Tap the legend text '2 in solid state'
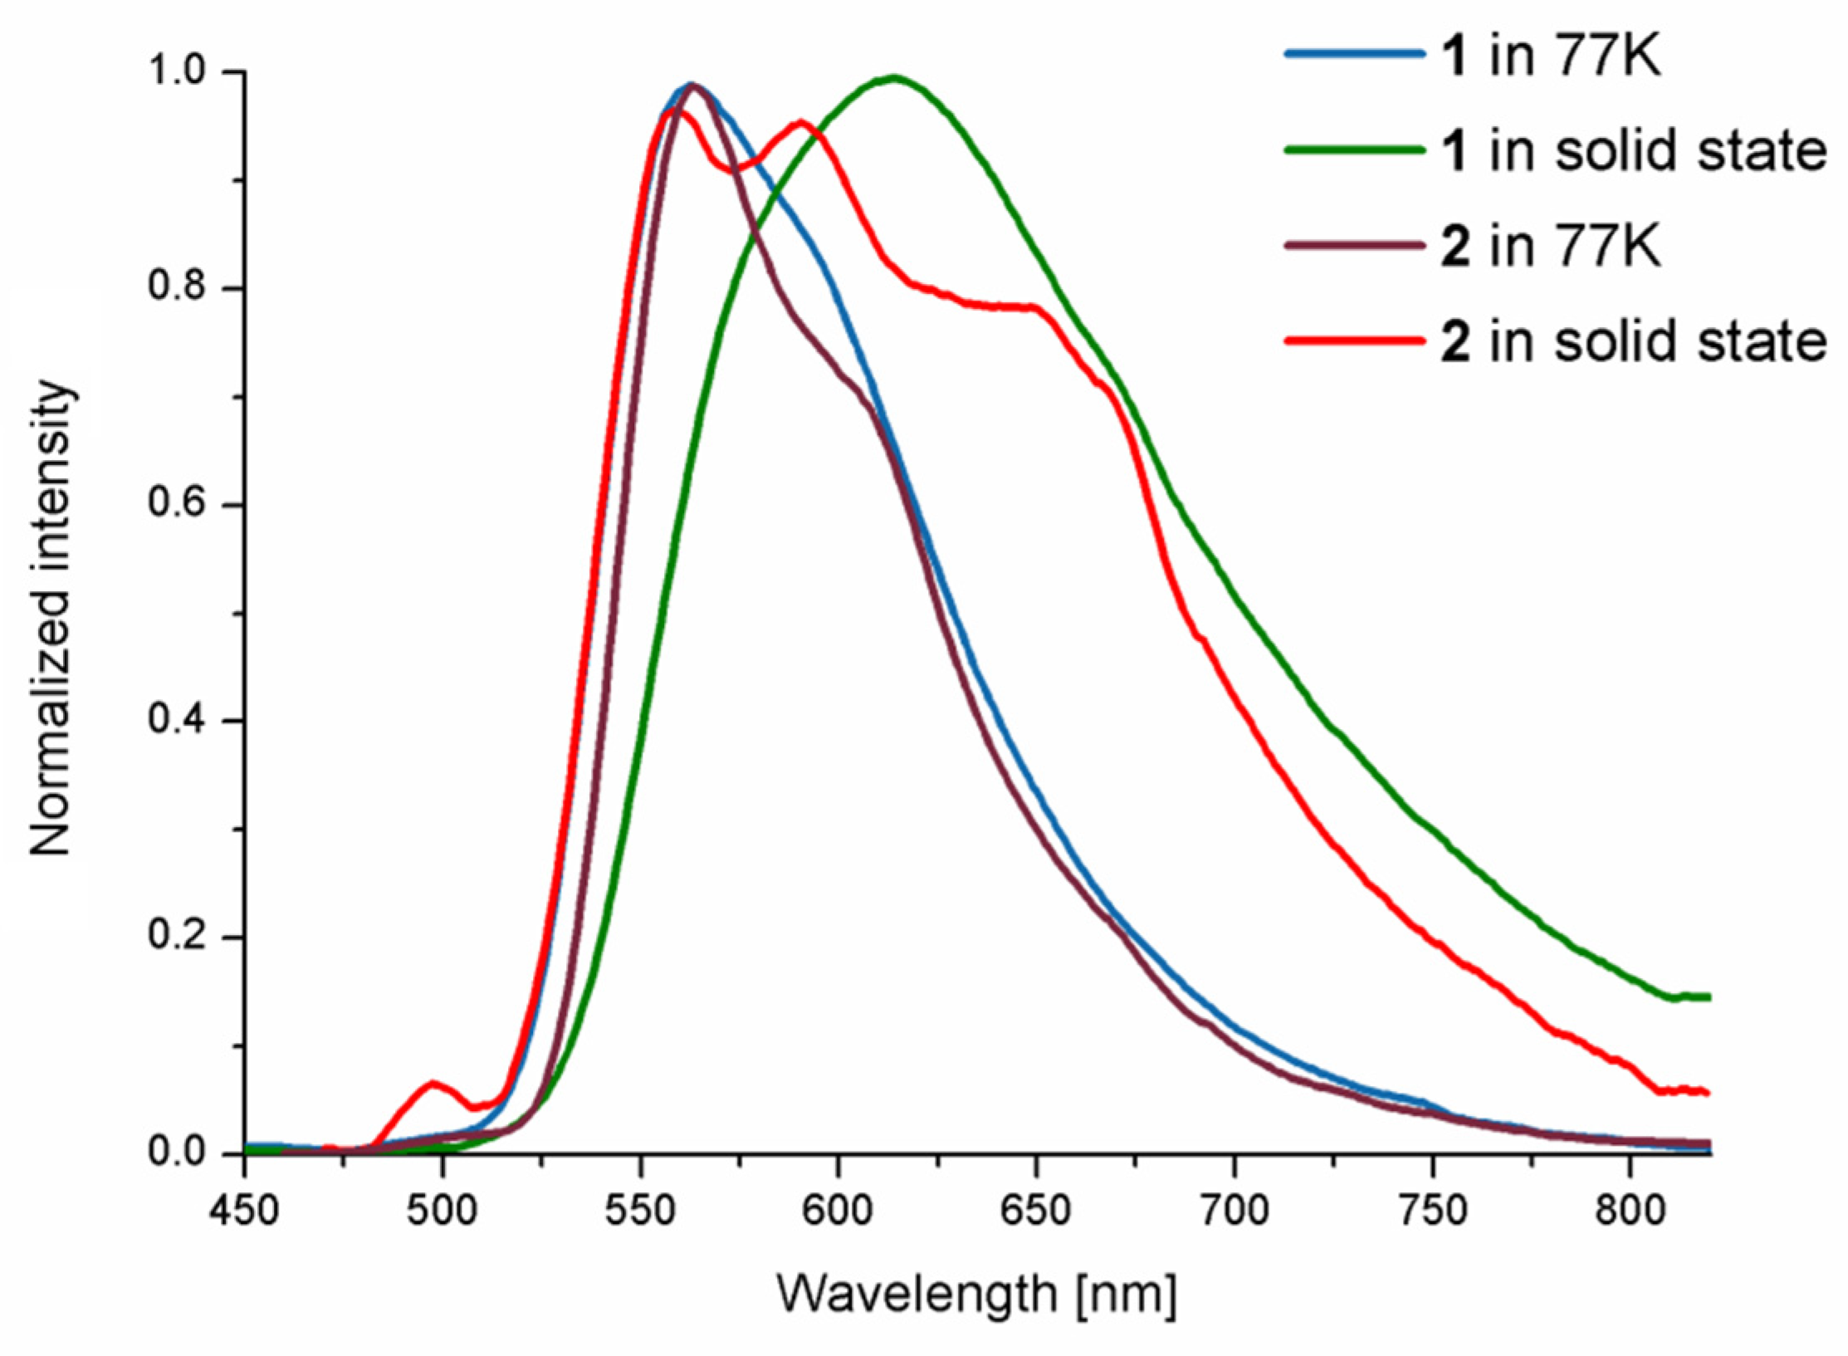tap(1632, 340)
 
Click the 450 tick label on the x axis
tap(244, 1212)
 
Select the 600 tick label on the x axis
tap(838, 1212)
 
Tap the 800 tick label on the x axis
tap(1629, 1212)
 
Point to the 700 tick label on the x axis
tap(1234, 1212)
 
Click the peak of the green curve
tap(893, 78)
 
